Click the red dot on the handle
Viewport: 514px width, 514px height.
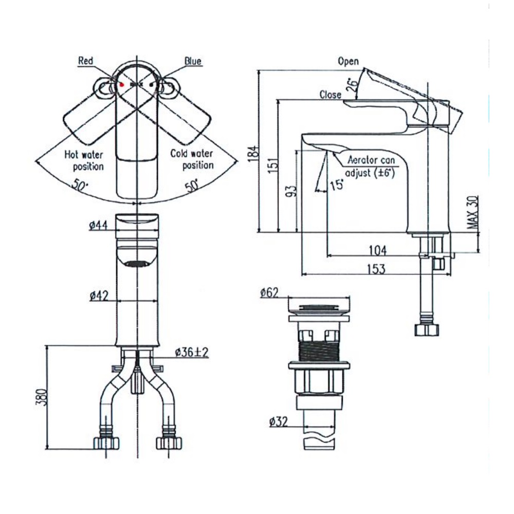(122, 83)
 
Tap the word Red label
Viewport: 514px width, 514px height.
(85, 61)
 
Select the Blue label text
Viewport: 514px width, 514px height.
(193, 61)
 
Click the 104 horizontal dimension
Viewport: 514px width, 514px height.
(377, 250)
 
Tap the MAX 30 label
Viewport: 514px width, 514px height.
(473, 213)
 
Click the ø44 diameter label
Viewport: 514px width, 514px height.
(98, 225)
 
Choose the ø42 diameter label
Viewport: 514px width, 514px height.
(98, 296)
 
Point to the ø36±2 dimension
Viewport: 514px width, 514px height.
(191, 352)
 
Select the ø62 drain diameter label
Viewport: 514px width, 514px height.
(269, 293)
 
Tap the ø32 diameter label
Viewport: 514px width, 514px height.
(278, 423)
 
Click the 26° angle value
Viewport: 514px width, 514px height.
(352, 84)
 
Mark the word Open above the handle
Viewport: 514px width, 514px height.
(348, 61)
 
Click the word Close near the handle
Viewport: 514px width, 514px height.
(330, 95)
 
